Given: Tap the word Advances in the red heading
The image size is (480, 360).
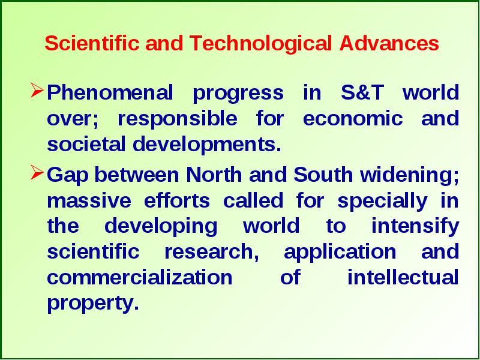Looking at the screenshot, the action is pos(389,43).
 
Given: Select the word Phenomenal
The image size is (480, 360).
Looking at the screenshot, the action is pos(110,92).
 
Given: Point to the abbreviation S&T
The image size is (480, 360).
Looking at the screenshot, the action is pos(362,92).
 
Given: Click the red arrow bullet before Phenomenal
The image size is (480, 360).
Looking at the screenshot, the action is pos(37,91).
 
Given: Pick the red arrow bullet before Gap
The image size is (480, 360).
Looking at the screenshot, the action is pos(37,173).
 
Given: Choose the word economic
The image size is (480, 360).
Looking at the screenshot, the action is pos(353,118).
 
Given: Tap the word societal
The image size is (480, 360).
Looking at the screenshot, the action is pos(86,144).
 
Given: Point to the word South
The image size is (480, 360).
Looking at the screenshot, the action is pos(323,175).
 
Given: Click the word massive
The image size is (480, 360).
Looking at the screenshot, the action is pos(89,201).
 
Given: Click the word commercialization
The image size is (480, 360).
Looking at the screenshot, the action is pos(140,277).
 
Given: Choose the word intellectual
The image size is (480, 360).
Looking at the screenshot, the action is pos(403,277).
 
